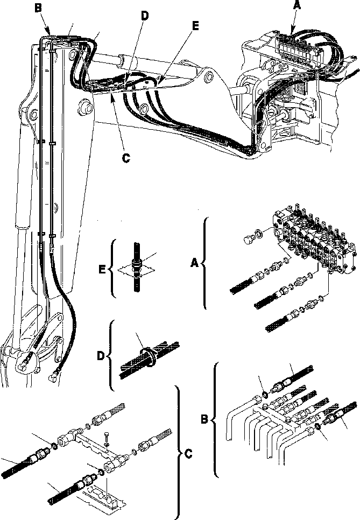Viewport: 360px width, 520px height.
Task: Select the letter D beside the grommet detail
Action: tap(100, 356)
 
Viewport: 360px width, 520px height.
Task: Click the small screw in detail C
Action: tap(108, 440)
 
